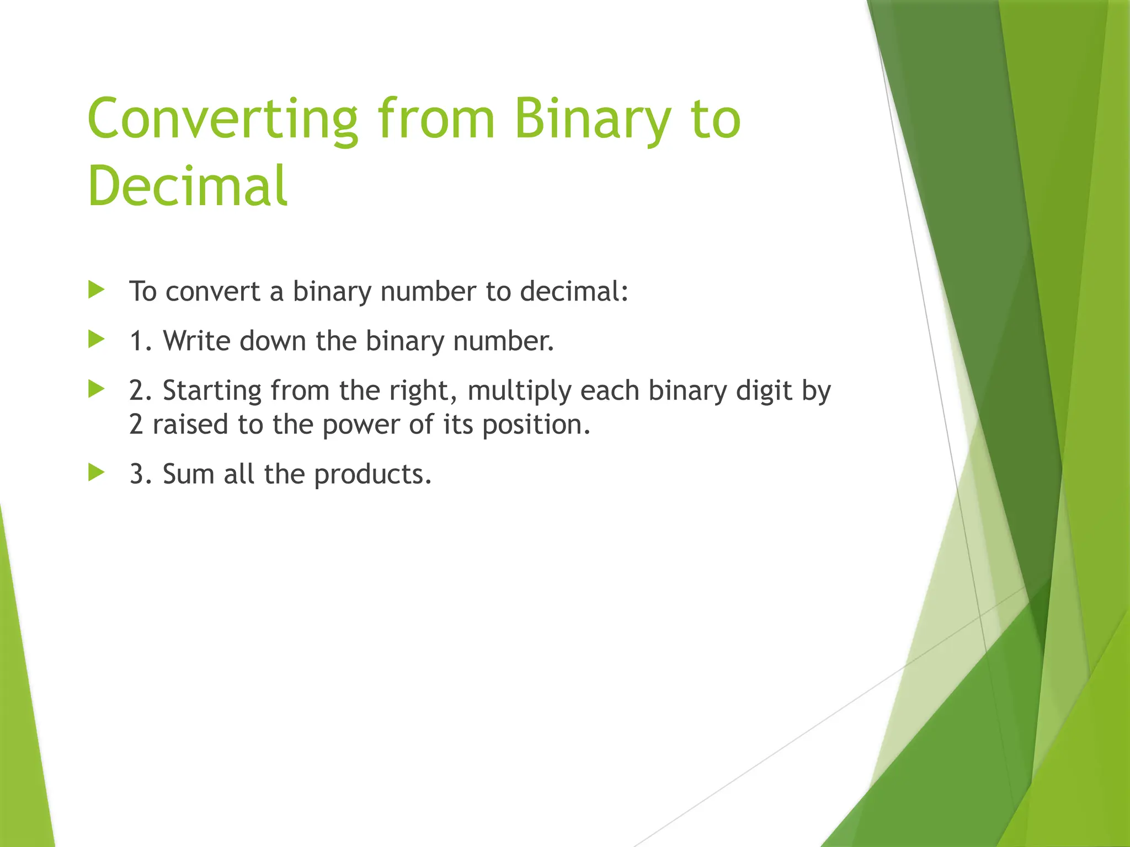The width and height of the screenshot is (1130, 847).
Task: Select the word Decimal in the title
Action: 188,186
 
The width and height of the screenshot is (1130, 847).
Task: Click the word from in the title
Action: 436,120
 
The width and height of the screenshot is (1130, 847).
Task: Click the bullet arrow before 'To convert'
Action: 97,290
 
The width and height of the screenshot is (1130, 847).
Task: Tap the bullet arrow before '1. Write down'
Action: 97,339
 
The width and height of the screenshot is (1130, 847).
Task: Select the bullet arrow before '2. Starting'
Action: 97,389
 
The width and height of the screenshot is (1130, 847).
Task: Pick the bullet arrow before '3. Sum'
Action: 97,472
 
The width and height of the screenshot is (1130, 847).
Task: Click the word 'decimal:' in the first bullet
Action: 574,291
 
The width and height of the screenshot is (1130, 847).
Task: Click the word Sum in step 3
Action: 188,474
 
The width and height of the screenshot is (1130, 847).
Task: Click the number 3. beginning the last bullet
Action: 140,474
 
